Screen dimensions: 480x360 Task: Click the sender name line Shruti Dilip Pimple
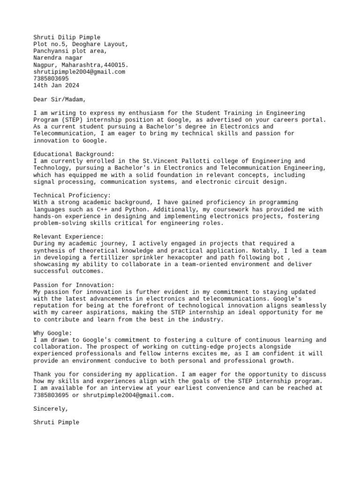click(67, 37)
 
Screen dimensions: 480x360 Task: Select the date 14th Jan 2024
click(56, 86)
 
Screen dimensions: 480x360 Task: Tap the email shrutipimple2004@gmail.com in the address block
click(79, 72)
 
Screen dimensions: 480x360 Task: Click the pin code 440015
click(116, 65)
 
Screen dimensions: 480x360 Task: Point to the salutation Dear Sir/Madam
click(60, 99)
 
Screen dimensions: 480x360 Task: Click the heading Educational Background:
click(74, 154)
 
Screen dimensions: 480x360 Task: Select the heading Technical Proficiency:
click(72, 195)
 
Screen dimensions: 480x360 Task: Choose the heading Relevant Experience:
click(68, 237)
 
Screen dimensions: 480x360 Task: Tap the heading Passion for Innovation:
click(74, 285)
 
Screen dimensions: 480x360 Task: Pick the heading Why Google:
click(52, 333)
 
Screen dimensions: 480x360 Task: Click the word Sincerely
click(51, 409)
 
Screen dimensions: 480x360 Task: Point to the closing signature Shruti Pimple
click(56, 422)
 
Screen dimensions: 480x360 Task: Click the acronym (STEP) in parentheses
click(72, 120)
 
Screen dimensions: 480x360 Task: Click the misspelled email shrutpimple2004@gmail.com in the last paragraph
click(128, 395)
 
